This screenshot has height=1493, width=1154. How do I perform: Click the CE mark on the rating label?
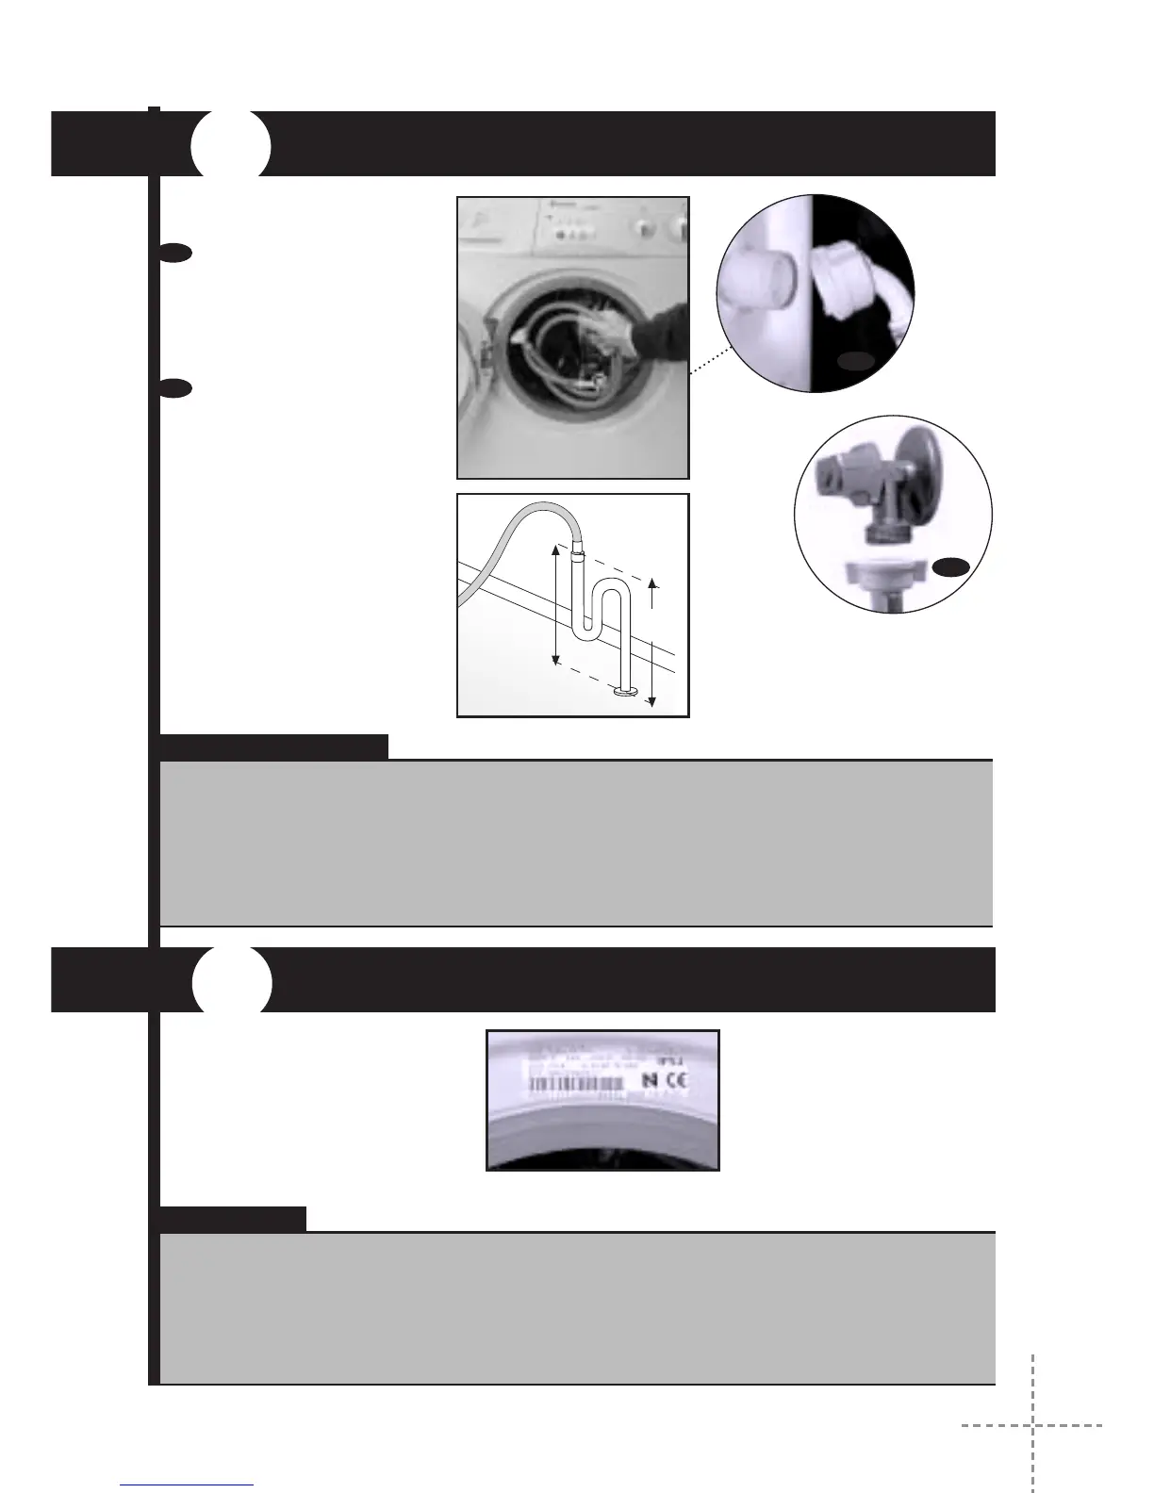tap(677, 1080)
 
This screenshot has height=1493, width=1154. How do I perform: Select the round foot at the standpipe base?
tap(625, 694)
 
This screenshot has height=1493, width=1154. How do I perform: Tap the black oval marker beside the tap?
tap(952, 566)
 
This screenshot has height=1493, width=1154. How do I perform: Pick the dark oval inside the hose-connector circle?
tap(856, 361)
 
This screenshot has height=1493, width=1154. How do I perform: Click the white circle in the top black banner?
tap(231, 145)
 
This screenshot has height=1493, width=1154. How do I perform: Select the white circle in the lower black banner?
tap(232, 981)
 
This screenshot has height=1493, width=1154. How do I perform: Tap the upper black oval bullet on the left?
tap(175, 252)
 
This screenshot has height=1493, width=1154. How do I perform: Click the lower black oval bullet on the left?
tap(175, 387)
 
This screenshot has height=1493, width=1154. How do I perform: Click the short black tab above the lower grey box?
tap(233, 1219)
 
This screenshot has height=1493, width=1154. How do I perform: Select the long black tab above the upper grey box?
tap(274, 746)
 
